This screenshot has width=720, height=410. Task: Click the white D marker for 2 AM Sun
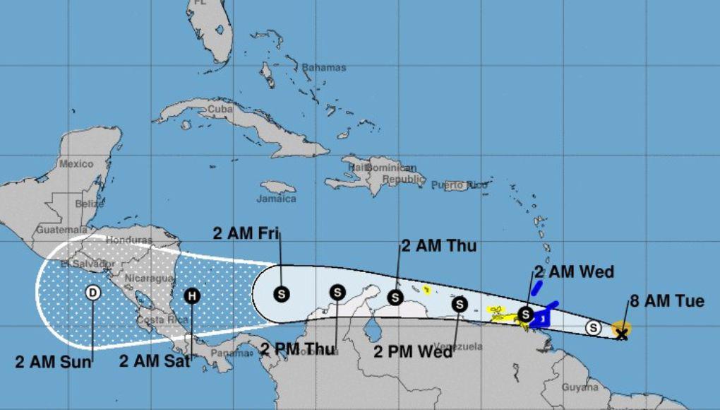point(92,293)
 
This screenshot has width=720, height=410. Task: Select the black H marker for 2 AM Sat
point(192,296)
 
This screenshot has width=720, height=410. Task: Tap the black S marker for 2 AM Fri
point(282,293)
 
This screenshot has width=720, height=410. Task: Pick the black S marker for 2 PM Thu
point(337,292)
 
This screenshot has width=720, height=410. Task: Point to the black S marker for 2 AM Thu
point(397,298)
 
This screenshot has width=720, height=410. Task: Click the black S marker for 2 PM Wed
point(460,304)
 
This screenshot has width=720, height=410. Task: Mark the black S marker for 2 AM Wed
point(525,314)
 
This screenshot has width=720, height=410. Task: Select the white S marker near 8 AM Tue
point(594,327)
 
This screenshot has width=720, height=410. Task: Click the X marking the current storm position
point(621,333)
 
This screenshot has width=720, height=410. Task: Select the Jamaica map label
point(277,199)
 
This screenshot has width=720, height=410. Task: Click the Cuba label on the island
point(220,110)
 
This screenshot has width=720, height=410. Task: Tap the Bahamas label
point(324,68)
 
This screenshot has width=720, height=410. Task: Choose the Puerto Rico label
point(460,185)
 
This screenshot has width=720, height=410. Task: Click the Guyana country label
point(580,387)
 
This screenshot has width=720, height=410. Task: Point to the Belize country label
point(89,204)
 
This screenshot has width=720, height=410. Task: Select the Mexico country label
point(76,164)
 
